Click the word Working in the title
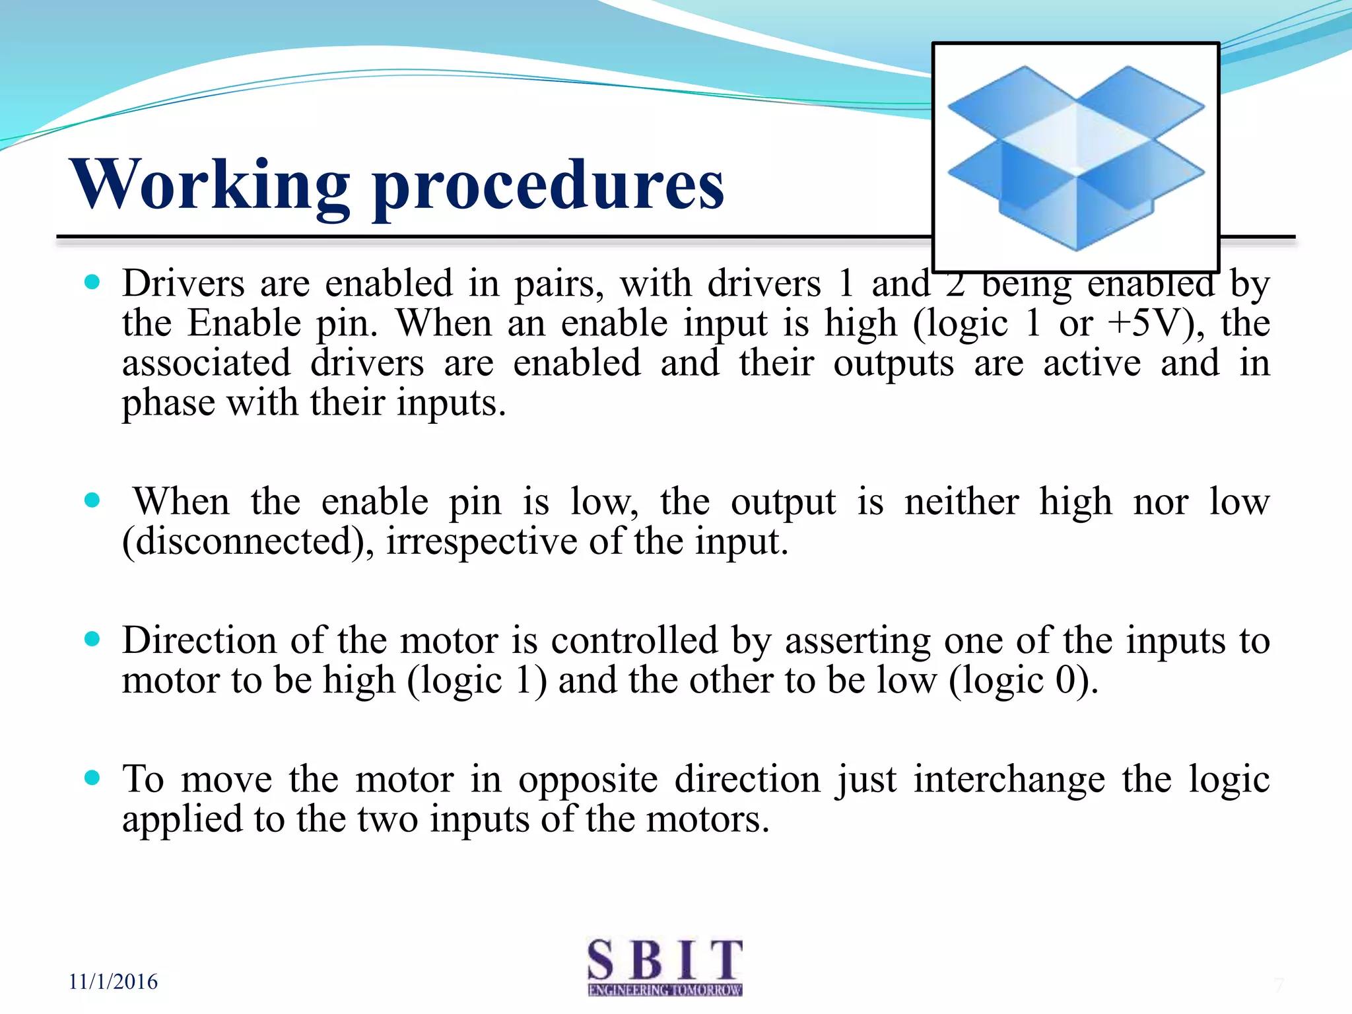[210, 185]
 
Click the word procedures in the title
[548, 188]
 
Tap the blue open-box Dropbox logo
[1075, 157]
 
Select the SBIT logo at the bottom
[665, 966]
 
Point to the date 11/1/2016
[113, 982]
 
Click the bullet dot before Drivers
[92, 283]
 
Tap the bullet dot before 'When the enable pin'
[92, 500]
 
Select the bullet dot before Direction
[92, 639]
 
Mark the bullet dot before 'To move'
[92, 778]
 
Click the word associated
[206, 363]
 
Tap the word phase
[168, 403]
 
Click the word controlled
[634, 640]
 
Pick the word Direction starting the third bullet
[199, 640]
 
